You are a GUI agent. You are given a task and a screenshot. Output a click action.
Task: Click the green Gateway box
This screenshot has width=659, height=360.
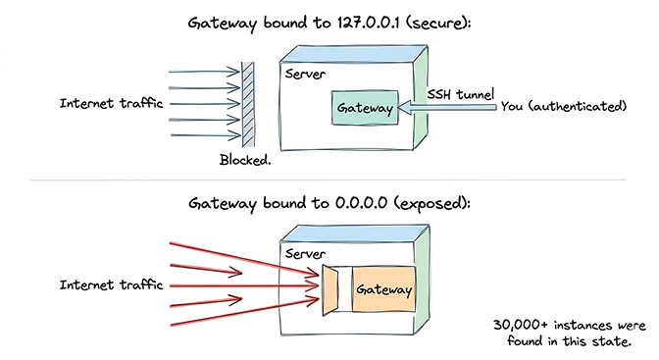(366, 106)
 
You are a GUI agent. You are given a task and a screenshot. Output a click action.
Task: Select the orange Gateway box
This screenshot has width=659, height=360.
(382, 290)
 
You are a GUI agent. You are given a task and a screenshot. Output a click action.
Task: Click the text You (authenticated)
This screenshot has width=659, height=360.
(563, 105)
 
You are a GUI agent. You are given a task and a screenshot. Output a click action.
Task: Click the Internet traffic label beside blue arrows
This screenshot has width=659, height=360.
(105, 103)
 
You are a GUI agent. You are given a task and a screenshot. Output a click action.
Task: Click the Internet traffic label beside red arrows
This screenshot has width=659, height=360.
(105, 285)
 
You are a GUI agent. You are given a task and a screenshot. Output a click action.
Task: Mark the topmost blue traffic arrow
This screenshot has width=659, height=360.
(204, 73)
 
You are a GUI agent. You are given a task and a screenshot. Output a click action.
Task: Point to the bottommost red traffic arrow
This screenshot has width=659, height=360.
(245, 311)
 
